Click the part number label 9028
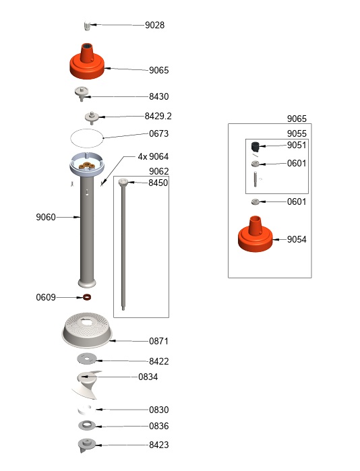[154, 25]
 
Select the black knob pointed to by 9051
[256, 146]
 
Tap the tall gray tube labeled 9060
[88, 229]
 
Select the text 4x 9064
[153, 156]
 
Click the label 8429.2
[158, 115]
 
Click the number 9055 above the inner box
[297, 133]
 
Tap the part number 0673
[158, 133]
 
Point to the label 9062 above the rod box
[158, 170]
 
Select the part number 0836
[158, 426]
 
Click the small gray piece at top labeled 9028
[86, 26]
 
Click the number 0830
[158, 410]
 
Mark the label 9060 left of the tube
[46, 217]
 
